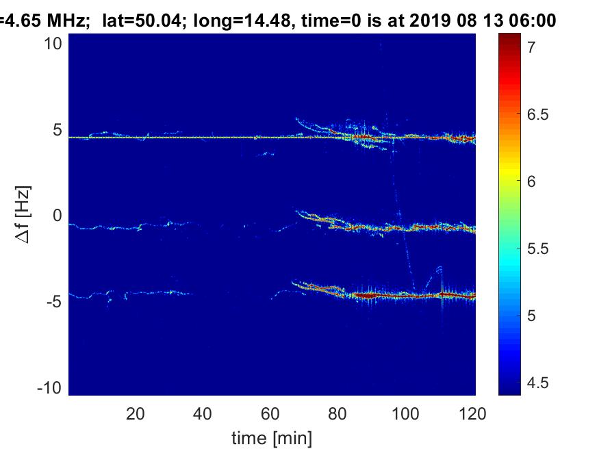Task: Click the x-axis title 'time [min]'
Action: [272, 436]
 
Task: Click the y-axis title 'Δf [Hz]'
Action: [23, 216]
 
